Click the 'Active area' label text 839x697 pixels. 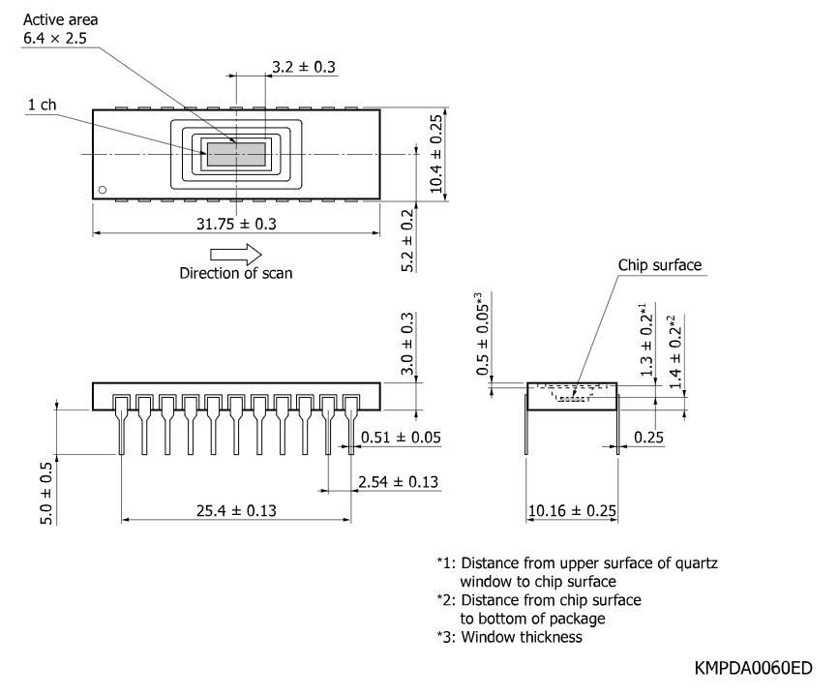60,20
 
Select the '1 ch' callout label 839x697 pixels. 42,105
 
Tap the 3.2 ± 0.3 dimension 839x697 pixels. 304,67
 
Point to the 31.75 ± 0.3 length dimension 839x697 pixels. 236,224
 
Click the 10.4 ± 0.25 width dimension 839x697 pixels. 436,154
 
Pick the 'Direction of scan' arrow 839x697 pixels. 236,255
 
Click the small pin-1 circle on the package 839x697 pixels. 103,190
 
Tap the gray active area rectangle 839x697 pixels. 236,154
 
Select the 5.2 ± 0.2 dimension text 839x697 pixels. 407,240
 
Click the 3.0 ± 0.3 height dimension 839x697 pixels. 407,344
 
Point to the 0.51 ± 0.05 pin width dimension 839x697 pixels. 401,438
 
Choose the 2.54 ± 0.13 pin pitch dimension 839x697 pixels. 398,482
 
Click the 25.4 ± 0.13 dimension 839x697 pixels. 236,511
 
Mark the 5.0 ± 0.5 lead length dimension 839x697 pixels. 46,494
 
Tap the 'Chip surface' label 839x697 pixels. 660,265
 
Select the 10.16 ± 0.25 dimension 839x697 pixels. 572,511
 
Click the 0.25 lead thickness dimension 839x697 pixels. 648,438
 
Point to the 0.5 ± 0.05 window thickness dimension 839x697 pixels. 482,334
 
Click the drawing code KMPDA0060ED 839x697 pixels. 754,668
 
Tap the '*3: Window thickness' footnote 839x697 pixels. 509,637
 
